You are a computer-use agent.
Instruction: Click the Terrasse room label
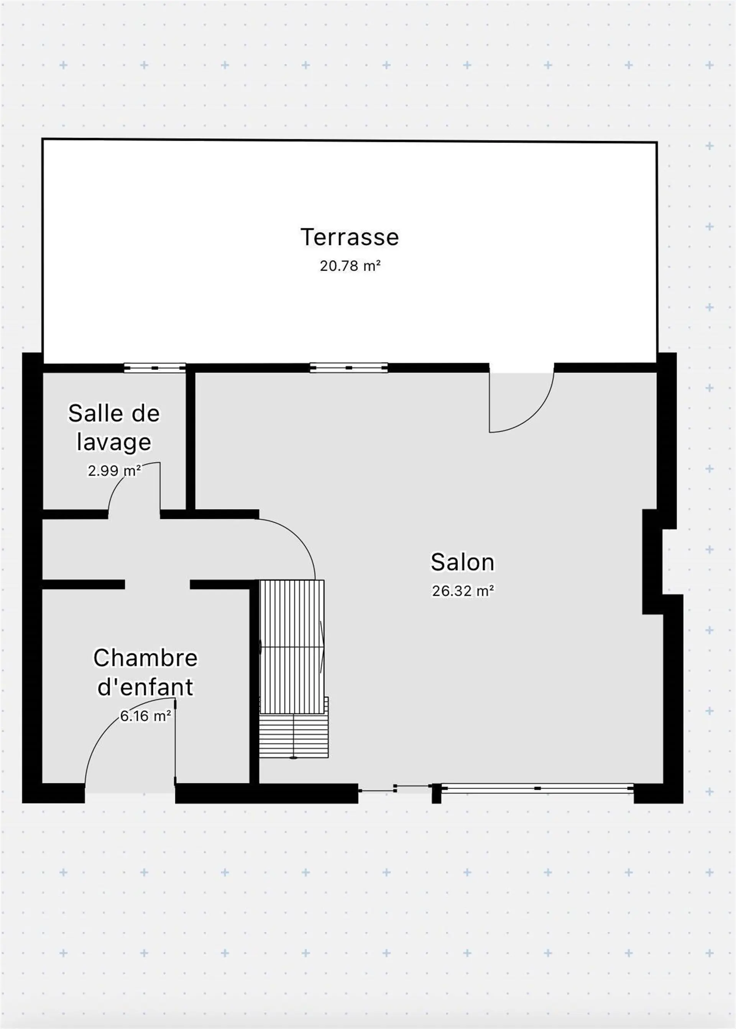(350, 237)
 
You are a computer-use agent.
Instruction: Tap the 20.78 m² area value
(350, 266)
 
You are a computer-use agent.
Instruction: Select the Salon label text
(462, 562)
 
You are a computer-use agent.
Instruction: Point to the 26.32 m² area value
(463, 591)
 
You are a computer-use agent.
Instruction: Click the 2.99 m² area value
(114, 471)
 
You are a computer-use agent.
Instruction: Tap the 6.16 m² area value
(146, 716)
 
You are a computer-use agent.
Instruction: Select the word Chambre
(146, 658)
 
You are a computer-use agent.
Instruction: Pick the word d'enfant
(146, 687)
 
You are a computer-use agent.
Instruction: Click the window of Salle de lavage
(155, 368)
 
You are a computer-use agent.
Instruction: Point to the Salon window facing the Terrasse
(349, 368)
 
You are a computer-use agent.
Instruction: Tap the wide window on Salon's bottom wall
(537, 789)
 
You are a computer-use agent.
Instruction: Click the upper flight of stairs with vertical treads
(292, 647)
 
